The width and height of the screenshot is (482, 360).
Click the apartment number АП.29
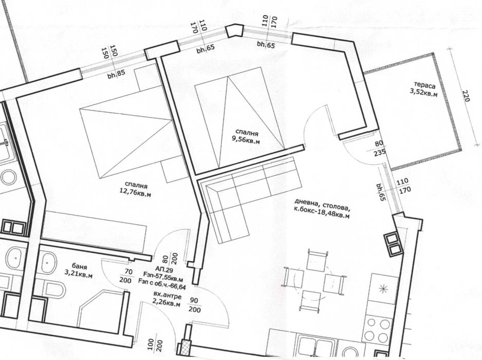click(x=160, y=269)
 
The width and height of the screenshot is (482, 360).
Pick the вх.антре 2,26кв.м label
click(x=167, y=299)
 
